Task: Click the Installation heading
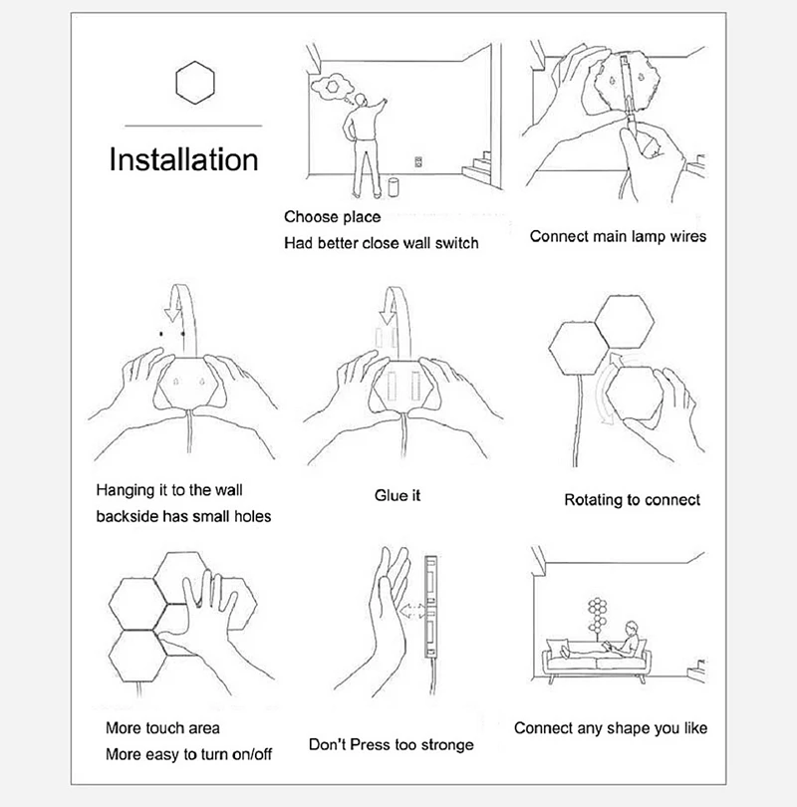[x=183, y=159]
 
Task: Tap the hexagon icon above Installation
[x=195, y=82]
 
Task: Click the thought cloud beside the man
[x=329, y=89]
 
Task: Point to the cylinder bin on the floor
[x=395, y=187]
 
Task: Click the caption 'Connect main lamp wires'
[x=618, y=237]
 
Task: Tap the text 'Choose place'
[x=332, y=217]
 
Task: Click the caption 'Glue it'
[x=398, y=495]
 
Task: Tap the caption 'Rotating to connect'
[x=632, y=500]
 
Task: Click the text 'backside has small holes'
[x=183, y=517]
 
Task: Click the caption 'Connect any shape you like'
[x=611, y=728]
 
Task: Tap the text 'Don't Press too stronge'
[x=391, y=745]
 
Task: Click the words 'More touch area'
[x=163, y=728]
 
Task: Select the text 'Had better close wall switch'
[x=382, y=243]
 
